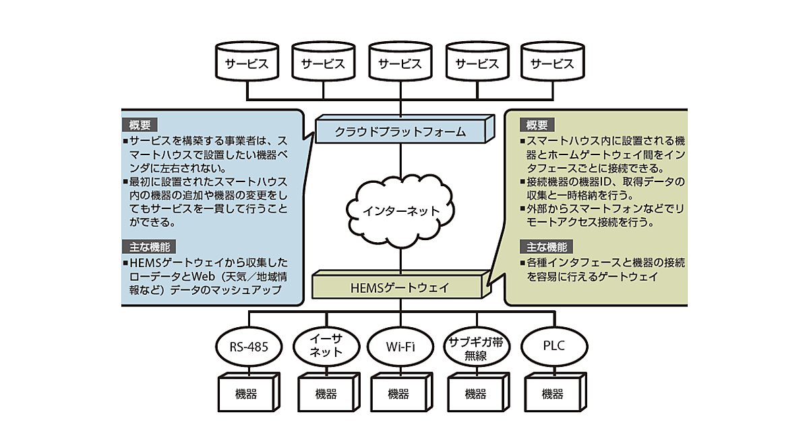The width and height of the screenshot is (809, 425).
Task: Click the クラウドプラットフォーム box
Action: [400, 130]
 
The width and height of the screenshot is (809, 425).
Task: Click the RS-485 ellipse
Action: [247, 347]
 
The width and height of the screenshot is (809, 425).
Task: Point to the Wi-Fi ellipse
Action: [400, 347]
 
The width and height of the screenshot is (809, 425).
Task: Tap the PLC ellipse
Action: [553, 347]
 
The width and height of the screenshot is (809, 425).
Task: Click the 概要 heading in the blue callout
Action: [140, 125]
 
